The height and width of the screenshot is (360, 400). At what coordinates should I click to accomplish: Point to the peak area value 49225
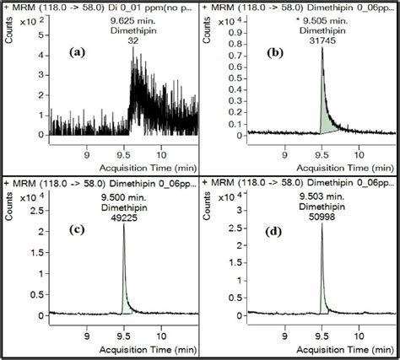coord(125,214)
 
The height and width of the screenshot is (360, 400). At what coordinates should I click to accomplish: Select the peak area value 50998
coord(320,213)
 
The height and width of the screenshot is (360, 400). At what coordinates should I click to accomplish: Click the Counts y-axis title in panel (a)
coord(8,35)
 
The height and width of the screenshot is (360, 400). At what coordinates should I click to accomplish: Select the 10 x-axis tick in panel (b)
coord(360,153)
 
